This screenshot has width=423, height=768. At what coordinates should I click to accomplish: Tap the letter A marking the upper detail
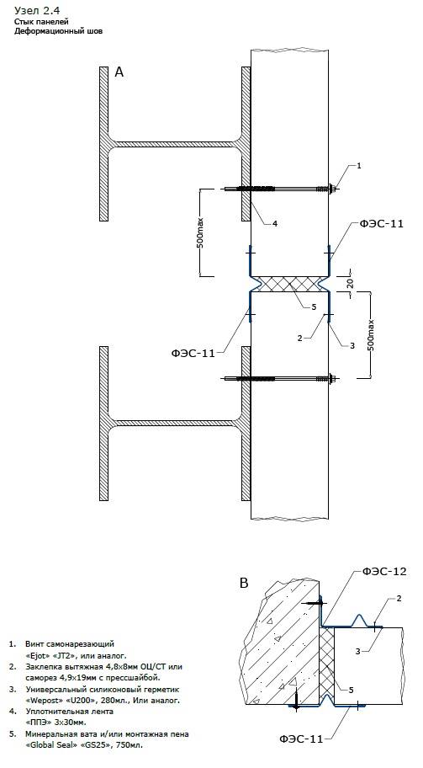[x=119, y=72]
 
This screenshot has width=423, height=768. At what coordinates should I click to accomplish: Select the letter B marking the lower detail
[x=244, y=584]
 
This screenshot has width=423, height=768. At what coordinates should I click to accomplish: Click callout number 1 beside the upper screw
[x=358, y=166]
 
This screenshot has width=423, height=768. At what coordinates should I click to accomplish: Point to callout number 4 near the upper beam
[x=275, y=223]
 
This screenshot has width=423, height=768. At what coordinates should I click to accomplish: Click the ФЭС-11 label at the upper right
[x=382, y=224]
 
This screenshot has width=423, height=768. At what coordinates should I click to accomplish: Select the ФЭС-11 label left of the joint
[x=193, y=354]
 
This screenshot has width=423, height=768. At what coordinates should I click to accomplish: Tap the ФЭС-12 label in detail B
[x=384, y=571]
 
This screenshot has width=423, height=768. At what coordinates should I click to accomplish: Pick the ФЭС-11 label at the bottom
[x=301, y=739]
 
